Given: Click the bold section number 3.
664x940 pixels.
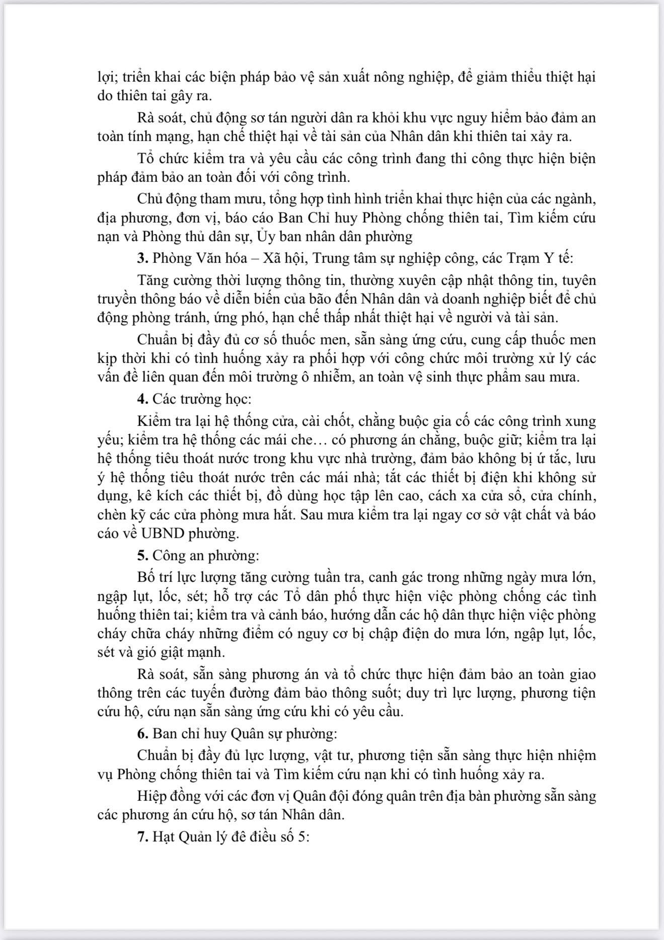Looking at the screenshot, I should point(142,259).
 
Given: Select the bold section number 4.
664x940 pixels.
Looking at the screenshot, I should point(142,399).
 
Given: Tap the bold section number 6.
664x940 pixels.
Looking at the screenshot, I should point(142,734).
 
